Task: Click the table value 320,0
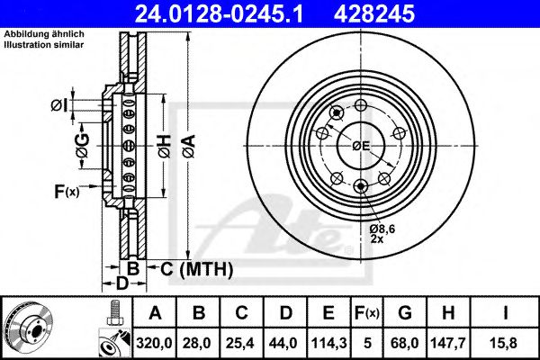point(155,341)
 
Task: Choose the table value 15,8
point(506,341)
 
